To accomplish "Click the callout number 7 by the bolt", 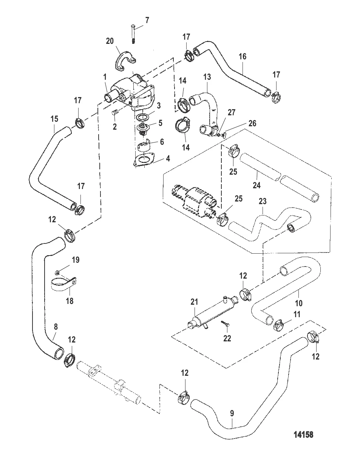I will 147,20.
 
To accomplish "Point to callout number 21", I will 194,301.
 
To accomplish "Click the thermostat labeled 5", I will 142,128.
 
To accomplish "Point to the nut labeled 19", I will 56,272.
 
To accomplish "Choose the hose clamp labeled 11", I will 280,324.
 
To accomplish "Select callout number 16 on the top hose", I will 243,57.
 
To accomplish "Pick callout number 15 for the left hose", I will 54,119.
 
